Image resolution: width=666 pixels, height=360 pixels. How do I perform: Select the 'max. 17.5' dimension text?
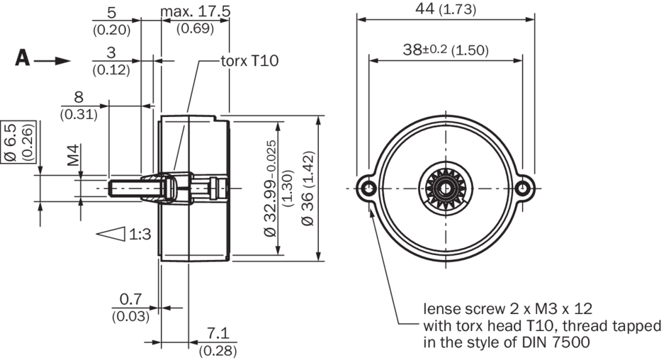click(196, 12)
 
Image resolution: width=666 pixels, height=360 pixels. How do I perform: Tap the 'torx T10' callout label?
click(250, 61)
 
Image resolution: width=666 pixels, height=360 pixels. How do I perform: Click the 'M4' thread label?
click(74, 155)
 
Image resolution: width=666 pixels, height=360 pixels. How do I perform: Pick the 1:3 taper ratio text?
click(140, 233)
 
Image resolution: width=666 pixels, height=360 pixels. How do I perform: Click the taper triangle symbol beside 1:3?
click(111, 233)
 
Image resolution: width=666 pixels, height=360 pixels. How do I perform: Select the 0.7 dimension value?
click(130, 299)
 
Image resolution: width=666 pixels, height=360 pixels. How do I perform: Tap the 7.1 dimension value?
click(216, 334)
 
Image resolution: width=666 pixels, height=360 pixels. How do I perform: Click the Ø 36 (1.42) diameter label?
click(307, 188)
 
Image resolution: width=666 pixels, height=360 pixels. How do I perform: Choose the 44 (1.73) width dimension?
click(444, 9)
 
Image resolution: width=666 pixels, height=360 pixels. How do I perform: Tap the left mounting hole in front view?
click(368, 188)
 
